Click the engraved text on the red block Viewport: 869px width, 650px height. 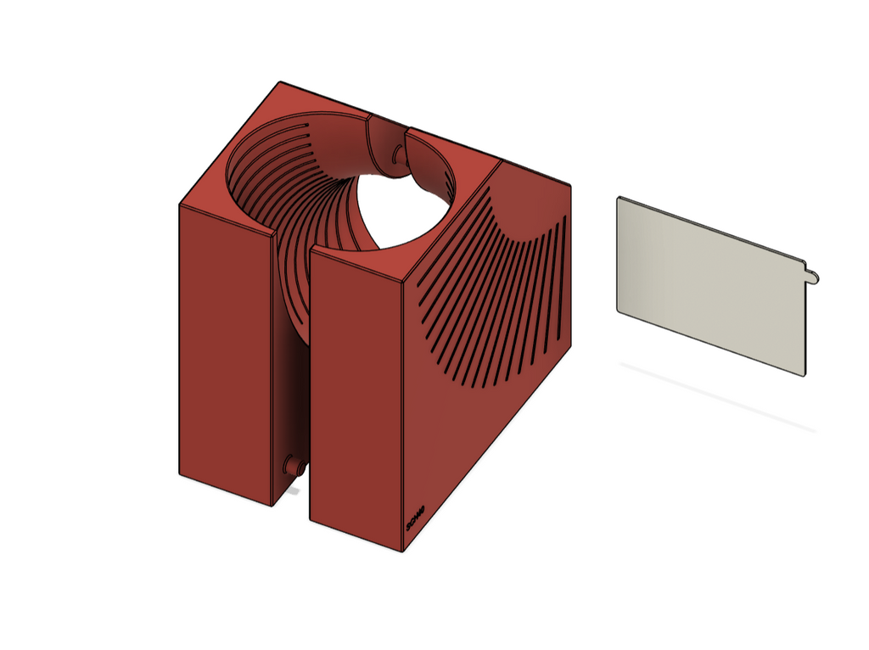tap(415, 517)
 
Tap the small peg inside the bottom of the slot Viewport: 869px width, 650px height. tap(294, 466)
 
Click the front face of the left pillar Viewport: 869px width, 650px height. tap(225, 356)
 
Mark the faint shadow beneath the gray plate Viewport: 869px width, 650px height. tap(721, 399)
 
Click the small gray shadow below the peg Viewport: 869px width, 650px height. tap(294, 490)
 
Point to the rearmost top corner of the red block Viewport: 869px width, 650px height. tap(281, 82)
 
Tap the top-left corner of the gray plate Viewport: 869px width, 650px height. tap(619, 198)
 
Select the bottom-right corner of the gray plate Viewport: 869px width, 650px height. tap(803, 375)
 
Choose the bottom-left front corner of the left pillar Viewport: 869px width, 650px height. tap(179, 473)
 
